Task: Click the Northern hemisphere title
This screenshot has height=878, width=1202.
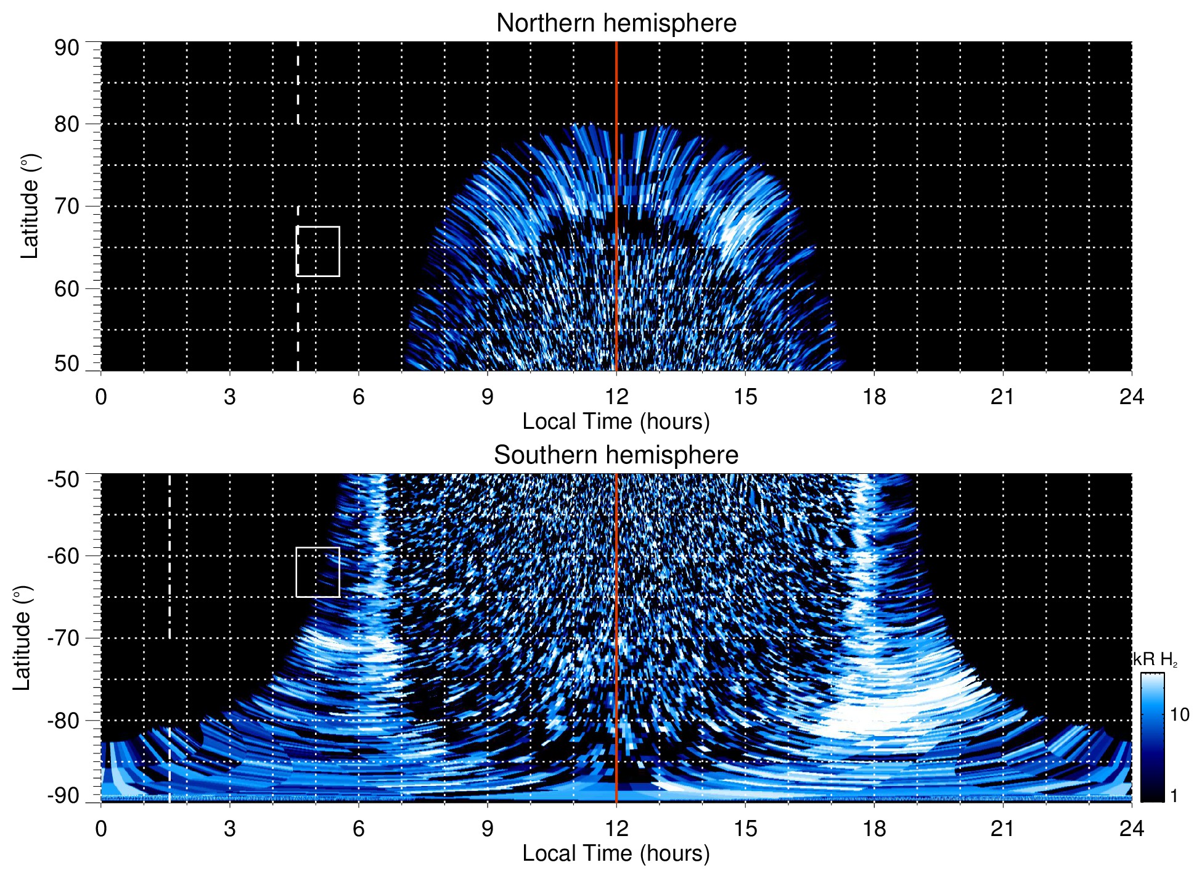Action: click(x=616, y=23)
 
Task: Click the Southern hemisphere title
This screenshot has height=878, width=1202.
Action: click(x=616, y=455)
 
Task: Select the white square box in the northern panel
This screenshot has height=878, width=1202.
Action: click(x=318, y=251)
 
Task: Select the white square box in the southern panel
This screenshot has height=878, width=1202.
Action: click(x=318, y=572)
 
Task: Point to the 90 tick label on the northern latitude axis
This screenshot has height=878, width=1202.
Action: click(x=67, y=48)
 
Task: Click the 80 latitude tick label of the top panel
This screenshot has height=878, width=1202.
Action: click(x=67, y=124)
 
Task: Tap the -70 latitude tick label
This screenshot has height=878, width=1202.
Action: click(x=63, y=638)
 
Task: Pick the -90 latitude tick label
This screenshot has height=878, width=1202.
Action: click(x=63, y=795)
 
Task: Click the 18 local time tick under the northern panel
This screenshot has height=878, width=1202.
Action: click(x=874, y=397)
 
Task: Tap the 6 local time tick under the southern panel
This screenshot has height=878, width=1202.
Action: click(x=359, y=829)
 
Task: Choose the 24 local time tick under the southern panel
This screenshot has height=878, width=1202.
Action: click(x=1131, y=829)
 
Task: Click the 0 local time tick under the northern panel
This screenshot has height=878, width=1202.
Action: click(x=101, y=397)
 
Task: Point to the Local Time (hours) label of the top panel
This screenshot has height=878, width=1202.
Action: click(x=616, y=421)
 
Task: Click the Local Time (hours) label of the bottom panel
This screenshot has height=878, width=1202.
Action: click(x=616, y=853)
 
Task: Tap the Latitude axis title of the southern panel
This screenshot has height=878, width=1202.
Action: click(x=22, y=638)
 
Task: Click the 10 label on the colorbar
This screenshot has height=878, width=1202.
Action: click(x=1179, y=714)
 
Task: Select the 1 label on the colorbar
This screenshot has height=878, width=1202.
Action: click(x=1174, y=795)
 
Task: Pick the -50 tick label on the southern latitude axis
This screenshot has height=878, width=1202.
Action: click(x=63, y=479)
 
